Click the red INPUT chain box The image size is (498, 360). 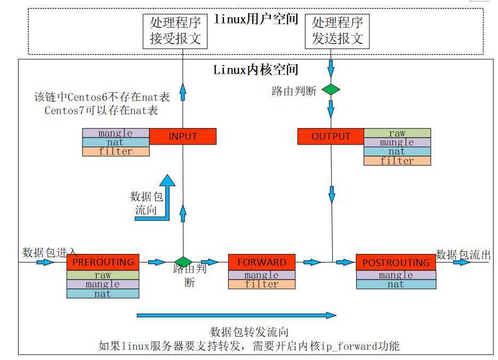coord(182,136)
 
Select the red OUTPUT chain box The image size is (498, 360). coord(330,136)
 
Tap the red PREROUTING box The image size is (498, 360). coord(103,262)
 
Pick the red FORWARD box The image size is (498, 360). coord(261,262)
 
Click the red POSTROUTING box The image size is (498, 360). coord(396,262)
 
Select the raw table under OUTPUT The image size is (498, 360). coord(397,133)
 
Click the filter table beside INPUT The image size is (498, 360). coord(116,151)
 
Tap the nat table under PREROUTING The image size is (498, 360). coord(103,293)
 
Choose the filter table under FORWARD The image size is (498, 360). coord(261,284)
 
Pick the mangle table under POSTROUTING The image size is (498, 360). coord(396,275)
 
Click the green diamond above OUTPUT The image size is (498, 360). coord(331,90)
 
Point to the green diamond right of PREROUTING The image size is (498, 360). coord(183,261)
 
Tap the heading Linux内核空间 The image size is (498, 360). coord(255,69)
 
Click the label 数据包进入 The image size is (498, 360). coord(50,252)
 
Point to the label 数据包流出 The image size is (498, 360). coord(462,254)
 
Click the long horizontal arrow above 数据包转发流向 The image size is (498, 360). coord(237,316)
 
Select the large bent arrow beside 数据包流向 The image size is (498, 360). coord(160,197)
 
